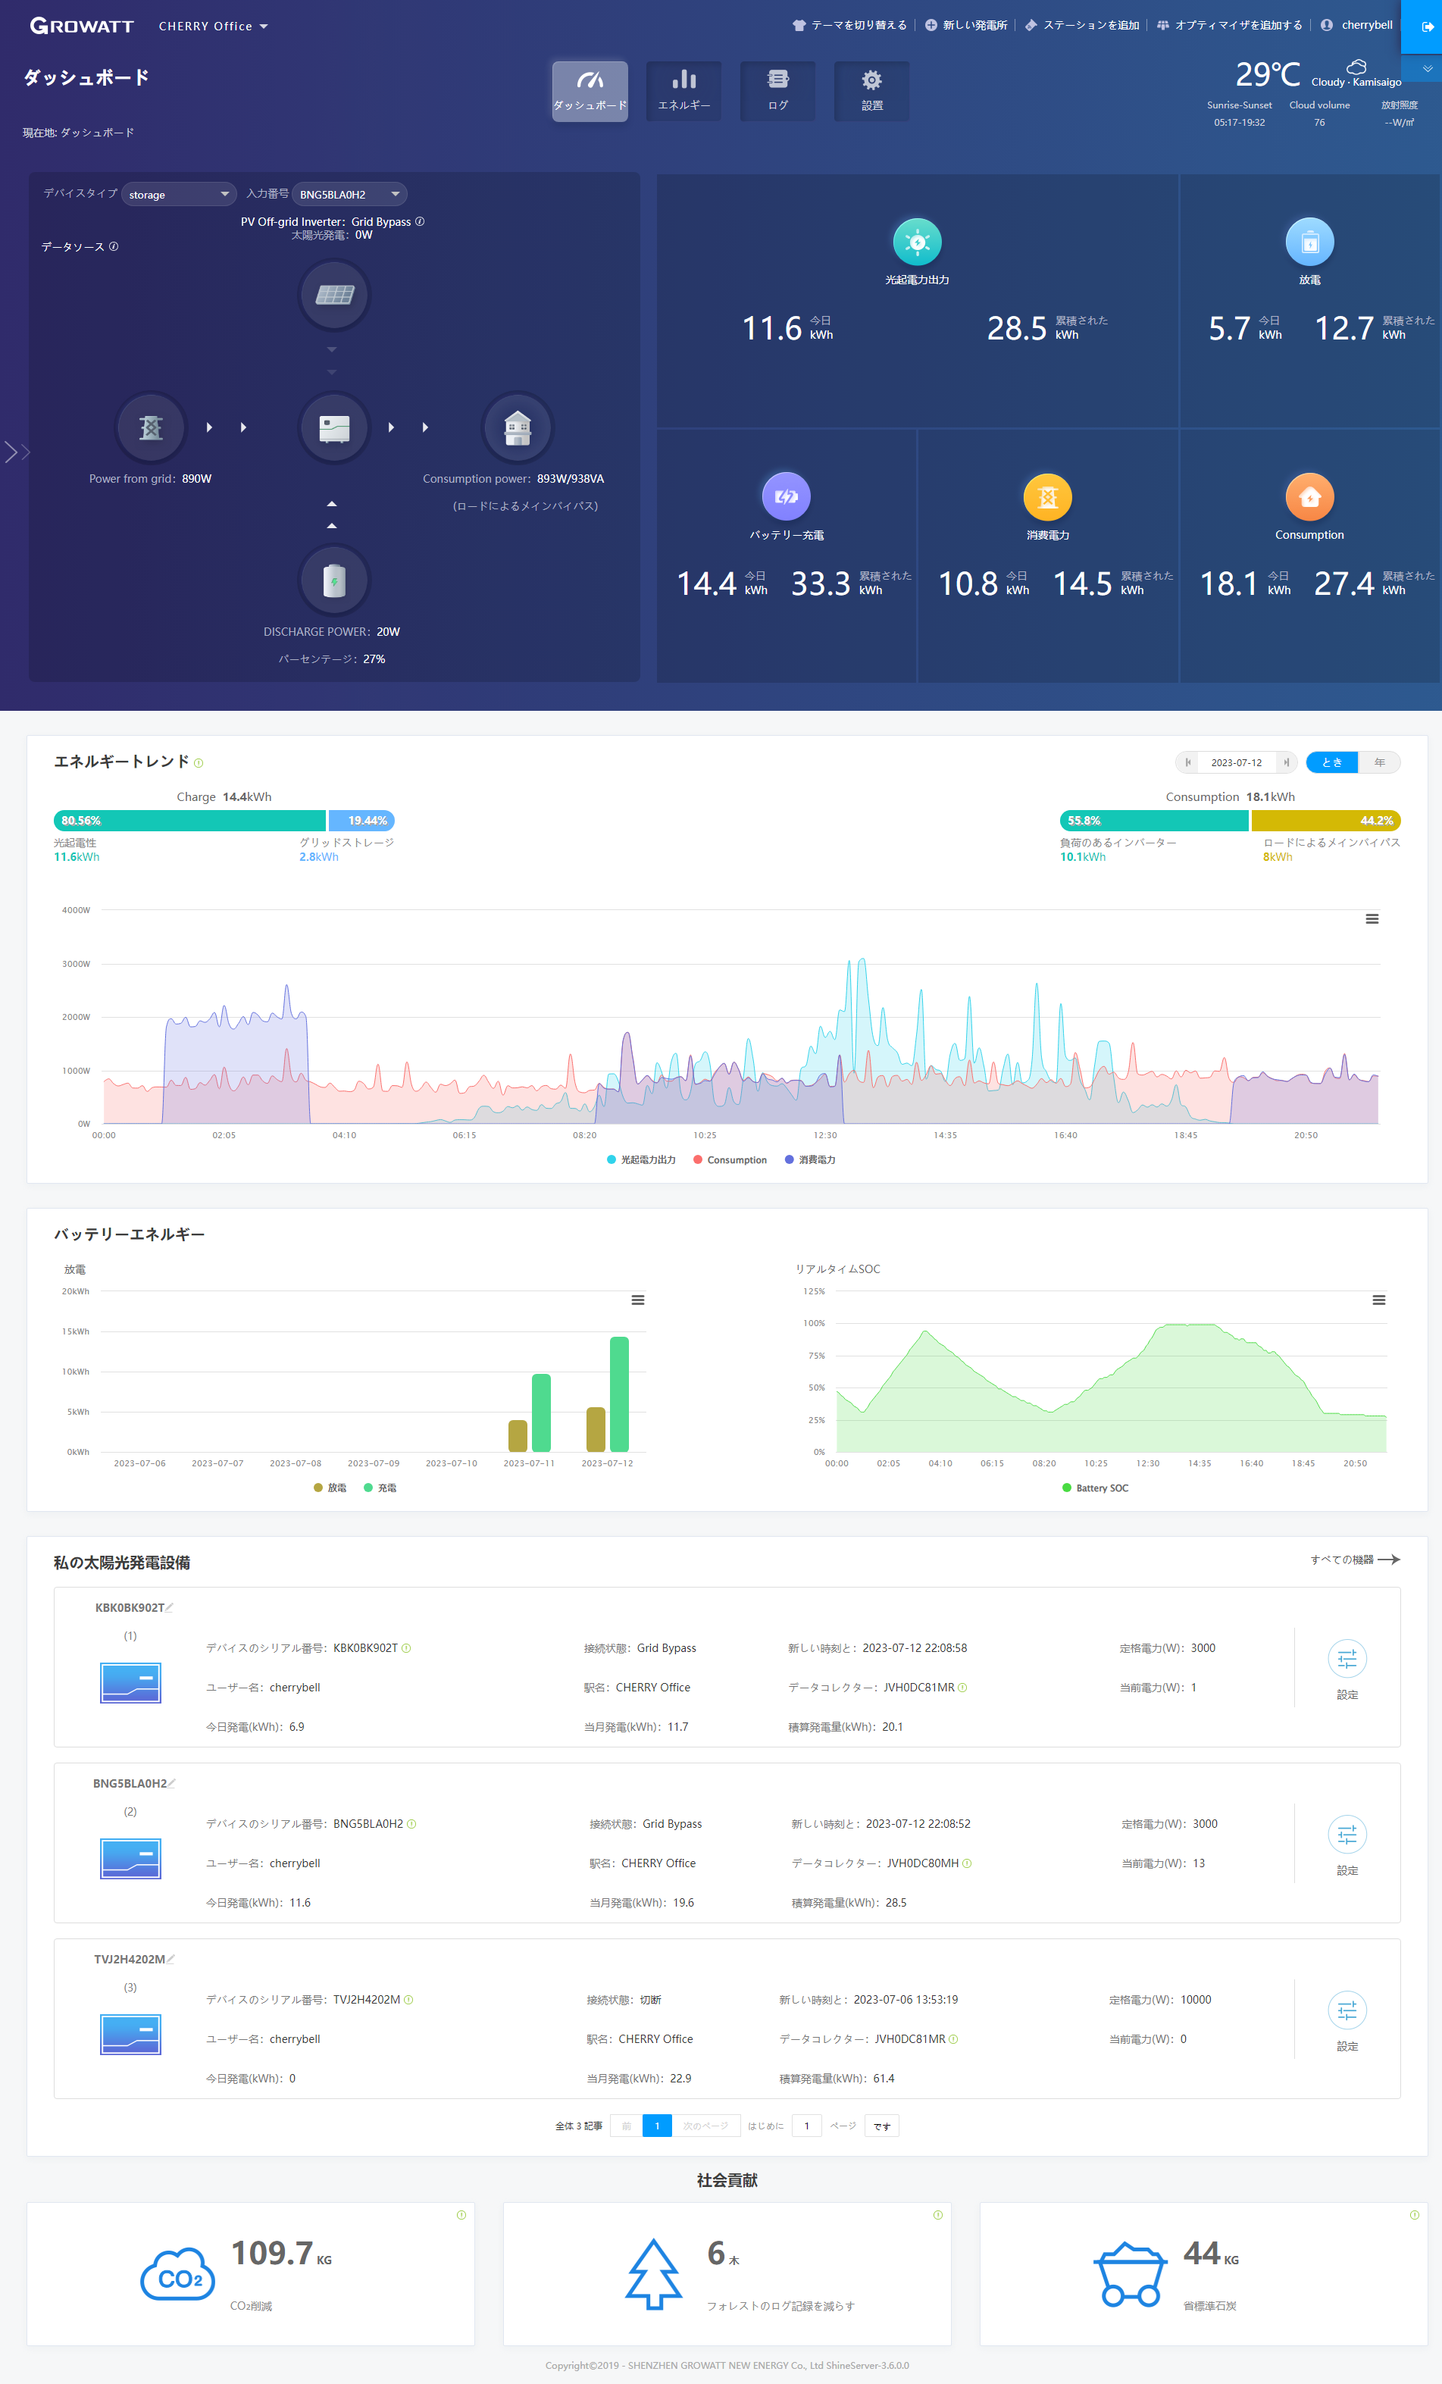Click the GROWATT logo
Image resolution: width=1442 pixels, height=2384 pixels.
coord(81,26)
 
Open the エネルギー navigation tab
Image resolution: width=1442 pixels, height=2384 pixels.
coord(684,91)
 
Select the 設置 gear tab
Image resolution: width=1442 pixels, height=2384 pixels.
coord(872,91)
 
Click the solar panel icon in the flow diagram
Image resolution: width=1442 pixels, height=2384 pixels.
coord(335,294)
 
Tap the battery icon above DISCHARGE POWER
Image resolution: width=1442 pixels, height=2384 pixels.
coord(335,580)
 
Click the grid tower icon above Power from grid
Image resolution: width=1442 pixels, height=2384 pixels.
coord(151,427)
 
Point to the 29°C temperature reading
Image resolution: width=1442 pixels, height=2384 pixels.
coord(1268,74)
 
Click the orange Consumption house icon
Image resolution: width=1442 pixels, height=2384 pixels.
coord(1309,497)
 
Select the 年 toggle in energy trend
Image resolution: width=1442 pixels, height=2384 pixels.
coord(1379,762)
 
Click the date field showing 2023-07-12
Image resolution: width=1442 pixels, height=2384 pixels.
coord(1237,762)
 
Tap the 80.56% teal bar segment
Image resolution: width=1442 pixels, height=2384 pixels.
coord(189,821)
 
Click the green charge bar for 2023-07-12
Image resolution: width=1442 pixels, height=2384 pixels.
coord(619,1394)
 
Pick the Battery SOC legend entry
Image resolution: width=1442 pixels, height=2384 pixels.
coord(1096,1488)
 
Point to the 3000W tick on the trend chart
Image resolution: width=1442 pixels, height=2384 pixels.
coord(77,964)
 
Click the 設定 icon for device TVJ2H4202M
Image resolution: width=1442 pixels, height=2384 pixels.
coord(1347,2011)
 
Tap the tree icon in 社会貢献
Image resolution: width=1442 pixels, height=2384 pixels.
coord(653,2273)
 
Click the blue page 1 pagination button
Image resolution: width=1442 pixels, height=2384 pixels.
coord(657,2126)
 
